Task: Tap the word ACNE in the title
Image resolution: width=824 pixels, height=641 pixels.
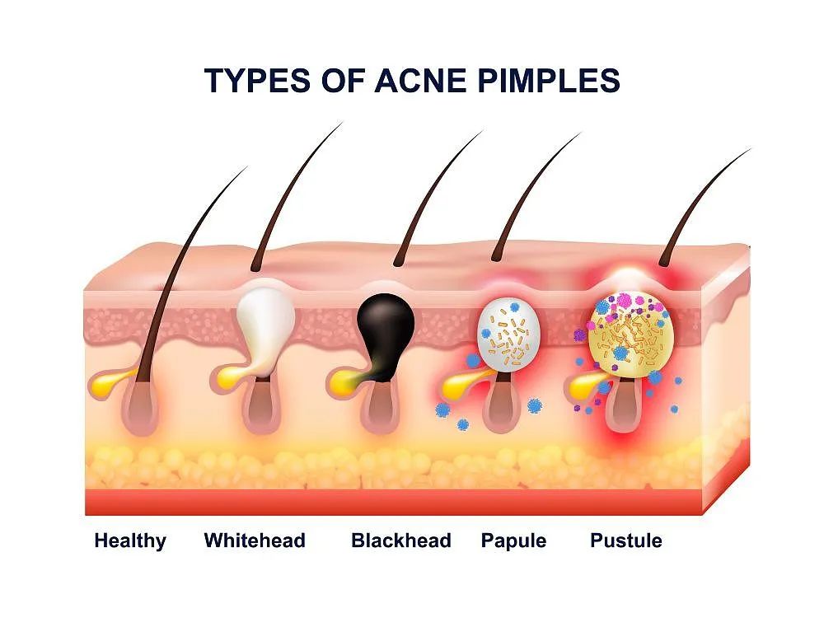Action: click(x=420, y=81)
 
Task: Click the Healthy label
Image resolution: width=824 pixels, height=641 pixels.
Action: click(x=130, y=541)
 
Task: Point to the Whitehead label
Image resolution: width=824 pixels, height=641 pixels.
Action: click(x=255, y=540)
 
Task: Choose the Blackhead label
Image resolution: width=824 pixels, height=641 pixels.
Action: click(x=401, y=540)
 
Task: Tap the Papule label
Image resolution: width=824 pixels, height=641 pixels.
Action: click(x=513, y=541)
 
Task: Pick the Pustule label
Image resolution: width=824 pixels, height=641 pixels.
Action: click(x=626, y=540)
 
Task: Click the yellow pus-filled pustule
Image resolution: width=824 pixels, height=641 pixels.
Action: click(x=628, y=335)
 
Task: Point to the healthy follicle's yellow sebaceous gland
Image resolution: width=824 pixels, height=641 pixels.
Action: click(x=111, y=382)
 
